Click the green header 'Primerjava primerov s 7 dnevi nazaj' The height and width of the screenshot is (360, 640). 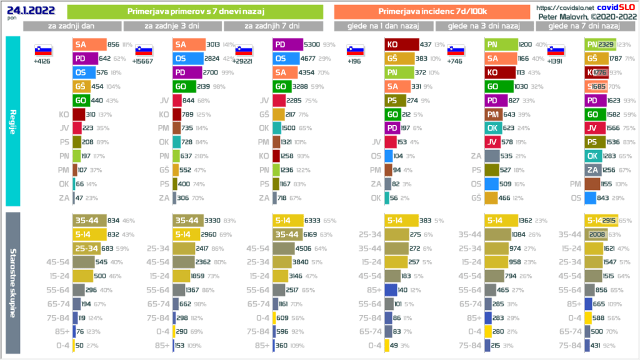194,12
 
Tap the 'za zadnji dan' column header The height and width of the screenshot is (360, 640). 72,26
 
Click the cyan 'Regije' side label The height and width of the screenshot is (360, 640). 13,121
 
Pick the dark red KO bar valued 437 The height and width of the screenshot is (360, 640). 402,44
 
